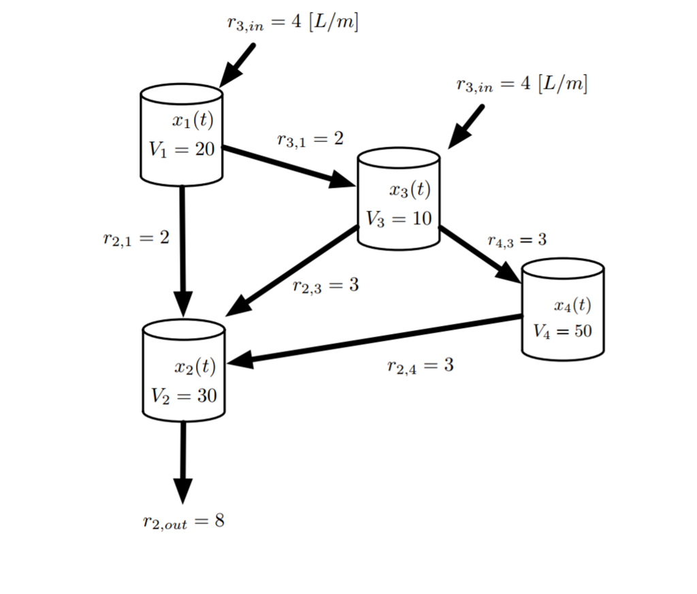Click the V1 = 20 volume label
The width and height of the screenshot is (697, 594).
click(x=181, y=150)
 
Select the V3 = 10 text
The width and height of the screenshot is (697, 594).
click(x=399, y=218)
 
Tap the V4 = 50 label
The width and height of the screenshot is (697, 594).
click(x=562, y=331)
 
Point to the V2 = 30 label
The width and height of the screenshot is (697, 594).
click(x=184, y=396)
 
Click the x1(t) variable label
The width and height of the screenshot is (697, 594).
click(x=193, y=122)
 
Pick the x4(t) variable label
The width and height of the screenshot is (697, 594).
click(x=572, y=306)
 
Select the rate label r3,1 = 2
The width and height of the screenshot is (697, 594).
click(x=310, y=139)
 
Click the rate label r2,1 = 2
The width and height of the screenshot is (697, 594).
click(x=136, y=238)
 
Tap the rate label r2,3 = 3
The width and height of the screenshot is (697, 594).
click(x=325, y=286)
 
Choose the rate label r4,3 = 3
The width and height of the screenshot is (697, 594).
click(x=517, y=240)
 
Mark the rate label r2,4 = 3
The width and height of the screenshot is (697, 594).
click(x=420, y=366)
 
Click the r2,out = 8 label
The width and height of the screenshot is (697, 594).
click(x=183, y=522)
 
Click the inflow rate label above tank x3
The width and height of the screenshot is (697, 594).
click(x=521, y=85)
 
